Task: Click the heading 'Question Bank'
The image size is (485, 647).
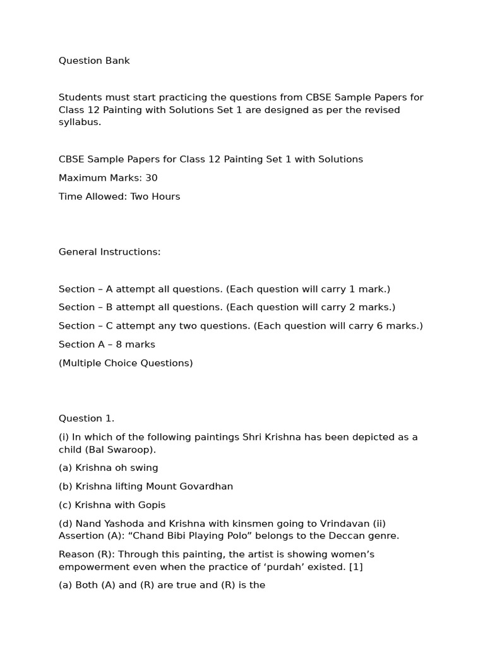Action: pos(94,61)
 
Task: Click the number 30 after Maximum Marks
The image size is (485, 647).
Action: pos(151,178)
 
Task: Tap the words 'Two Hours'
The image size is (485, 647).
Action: pos(155,197)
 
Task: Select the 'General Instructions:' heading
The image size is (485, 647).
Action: pos(110,252)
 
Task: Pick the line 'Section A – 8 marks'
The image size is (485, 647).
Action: pos(107,344)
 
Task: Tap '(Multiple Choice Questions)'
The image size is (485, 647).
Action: pos(126,363)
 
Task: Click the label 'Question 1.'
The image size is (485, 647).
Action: pos(87,418)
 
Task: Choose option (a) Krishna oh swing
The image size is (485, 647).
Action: pos(109,468)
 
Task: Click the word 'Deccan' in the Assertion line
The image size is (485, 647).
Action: pos(348,536)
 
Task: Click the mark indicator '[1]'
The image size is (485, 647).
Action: pos(356,567)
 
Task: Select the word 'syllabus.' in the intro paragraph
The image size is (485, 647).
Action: pos(80,122)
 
